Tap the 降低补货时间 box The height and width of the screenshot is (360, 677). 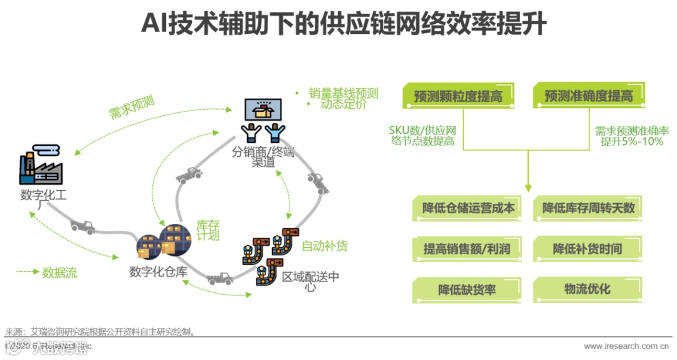coord(588,249)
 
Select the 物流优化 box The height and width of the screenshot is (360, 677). coord(588,290)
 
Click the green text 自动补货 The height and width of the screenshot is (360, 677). coord(324,246)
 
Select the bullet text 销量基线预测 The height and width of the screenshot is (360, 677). coord(344,93)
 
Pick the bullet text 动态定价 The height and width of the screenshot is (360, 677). coord(343,105)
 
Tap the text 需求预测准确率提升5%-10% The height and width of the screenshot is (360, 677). coord(631,136)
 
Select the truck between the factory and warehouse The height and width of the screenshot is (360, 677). coord(83,226)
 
